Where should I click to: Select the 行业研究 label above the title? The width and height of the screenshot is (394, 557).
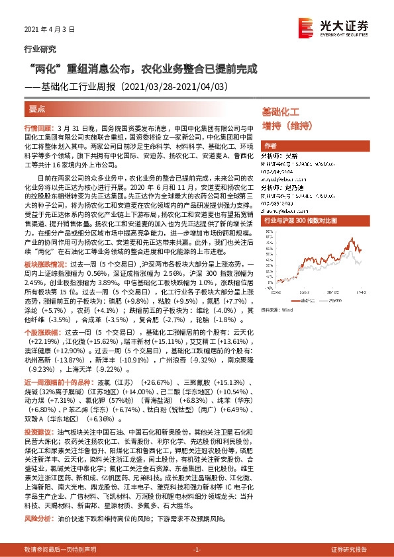point(39,49)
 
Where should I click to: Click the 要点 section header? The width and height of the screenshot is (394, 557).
point(37,107)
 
